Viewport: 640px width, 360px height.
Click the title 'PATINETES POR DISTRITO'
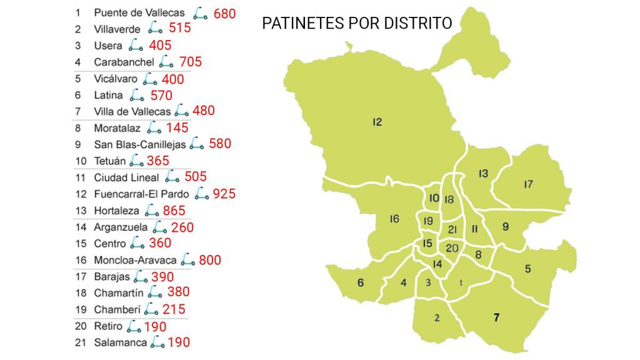coord(357,23)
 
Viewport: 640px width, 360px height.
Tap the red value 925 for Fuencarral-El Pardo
coord(224,194)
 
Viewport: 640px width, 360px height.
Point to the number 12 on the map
coord(377,122)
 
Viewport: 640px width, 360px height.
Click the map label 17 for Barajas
coord(528,184)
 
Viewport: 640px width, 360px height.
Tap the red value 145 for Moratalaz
coord(177,128)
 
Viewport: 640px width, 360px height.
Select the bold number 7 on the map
coord(496,317)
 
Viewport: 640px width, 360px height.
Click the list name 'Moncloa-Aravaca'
coord(135,260)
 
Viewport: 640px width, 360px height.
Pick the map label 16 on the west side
coord(394,219)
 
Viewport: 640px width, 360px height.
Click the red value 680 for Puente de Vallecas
coord(224,13)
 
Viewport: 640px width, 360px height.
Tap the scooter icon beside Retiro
coord(134,326)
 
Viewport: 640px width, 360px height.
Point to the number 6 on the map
coord(361,282)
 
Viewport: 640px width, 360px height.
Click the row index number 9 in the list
coord(78,144)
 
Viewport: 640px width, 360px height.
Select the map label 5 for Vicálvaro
coord(528,269)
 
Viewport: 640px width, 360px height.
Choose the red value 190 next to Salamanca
coord(179,342)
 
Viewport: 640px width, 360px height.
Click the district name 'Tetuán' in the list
coord(110,161)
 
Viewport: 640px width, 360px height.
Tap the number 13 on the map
coord(483,174)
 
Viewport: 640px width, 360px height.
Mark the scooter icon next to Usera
coord(136,45)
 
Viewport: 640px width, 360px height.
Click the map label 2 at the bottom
coord(437,318)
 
